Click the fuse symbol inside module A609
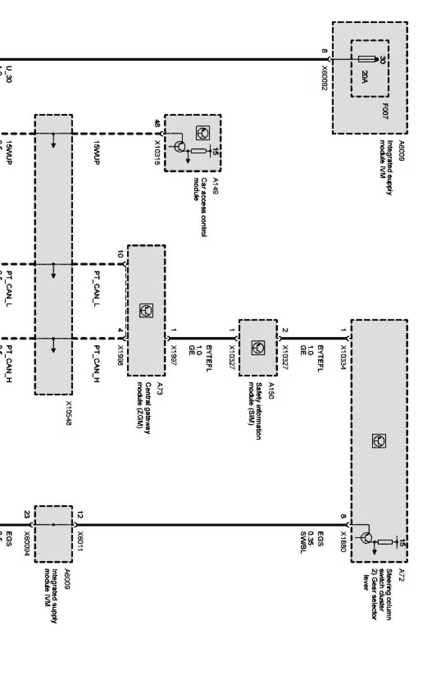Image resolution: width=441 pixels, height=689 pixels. pyautogui.click(x=368, y=60)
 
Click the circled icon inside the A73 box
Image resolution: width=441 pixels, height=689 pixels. pyautogui.click(x=146, y=310)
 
